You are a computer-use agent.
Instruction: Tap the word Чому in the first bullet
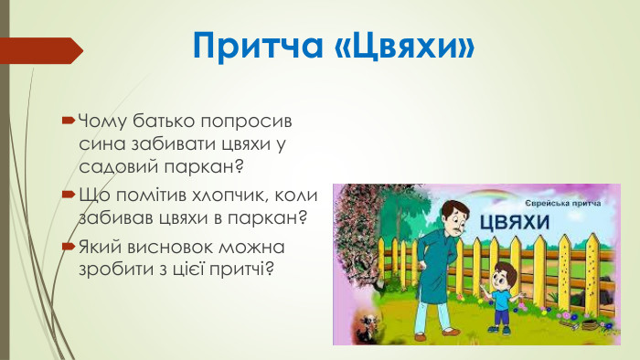[102, 121]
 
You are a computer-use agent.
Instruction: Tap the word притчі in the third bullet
[240, 270]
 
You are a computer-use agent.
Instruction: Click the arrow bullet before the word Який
[68, 247]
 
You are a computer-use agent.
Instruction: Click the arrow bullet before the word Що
[68, 195]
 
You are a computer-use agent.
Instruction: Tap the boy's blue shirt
[502, 293]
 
